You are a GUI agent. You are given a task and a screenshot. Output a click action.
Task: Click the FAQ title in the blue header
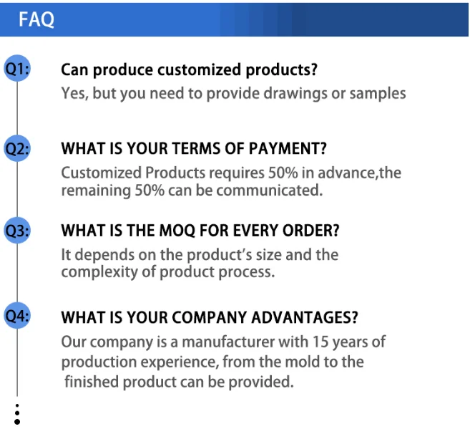tap(36, 19)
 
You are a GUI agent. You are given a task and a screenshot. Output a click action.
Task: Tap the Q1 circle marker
tap(17, 68)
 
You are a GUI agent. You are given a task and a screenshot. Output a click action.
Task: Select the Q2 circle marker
tap(17, 148)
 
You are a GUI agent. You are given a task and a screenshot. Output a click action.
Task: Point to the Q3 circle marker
tap(17, 231)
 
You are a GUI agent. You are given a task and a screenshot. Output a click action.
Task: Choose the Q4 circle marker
tap(17, 316)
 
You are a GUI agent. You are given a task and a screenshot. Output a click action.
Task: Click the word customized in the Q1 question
tap(199, 69)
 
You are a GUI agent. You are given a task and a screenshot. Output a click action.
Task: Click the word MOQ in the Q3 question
tap(177, 231)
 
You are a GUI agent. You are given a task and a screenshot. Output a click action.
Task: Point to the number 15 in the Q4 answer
tap(320, 342)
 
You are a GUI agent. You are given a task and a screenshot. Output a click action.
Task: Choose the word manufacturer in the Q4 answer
tap(228, 342)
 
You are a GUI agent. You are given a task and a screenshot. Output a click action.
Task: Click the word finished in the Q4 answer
tap(92, 382)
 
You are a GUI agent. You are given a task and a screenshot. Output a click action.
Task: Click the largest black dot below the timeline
tap(17, 422)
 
